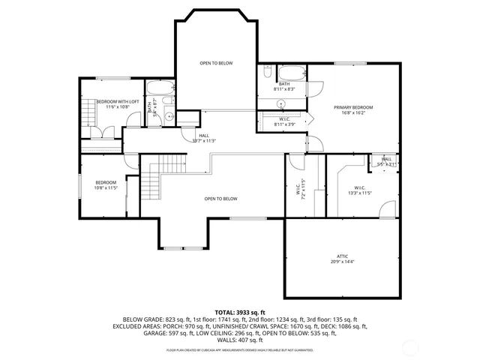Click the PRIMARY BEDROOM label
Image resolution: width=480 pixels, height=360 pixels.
[x=352, y=107]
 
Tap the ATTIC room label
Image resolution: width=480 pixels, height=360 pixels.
[x=343, y=255]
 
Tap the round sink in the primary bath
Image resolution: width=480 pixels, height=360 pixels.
[x=281, y=103]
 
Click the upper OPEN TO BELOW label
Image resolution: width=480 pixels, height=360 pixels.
[x=215, y=63]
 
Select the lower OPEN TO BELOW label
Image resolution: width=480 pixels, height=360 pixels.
[x=220, y=199]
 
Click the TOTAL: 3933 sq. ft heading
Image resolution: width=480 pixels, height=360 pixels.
[x=240, y=311]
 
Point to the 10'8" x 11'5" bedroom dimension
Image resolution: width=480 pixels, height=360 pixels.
[x=106, y=188]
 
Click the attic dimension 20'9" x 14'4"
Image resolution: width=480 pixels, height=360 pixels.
[x=343, y=261]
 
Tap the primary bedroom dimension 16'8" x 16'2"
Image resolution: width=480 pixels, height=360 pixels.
[x=352, y=113]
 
